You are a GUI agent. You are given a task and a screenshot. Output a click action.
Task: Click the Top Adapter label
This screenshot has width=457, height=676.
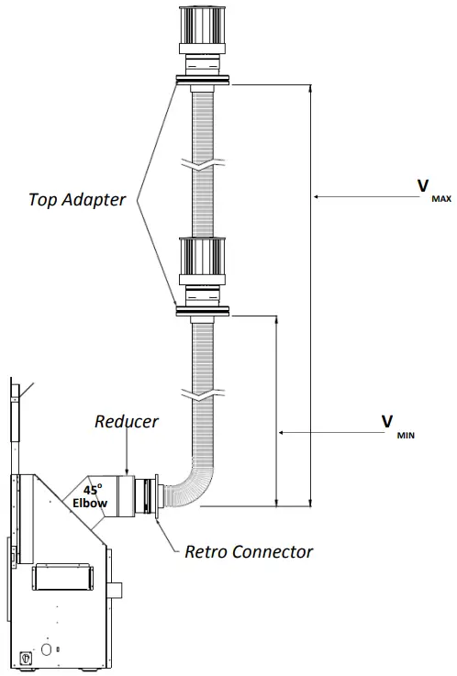point(77,200)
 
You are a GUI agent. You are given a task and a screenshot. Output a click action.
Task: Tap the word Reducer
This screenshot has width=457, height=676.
point(127,421)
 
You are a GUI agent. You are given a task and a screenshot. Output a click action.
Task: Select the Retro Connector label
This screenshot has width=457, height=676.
point(249,551)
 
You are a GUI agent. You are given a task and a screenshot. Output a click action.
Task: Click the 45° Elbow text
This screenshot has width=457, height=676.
point(90,496)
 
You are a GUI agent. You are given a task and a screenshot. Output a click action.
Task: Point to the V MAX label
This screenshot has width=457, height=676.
point(434,191)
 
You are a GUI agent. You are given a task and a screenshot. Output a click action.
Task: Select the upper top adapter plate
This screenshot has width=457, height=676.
point(203,80)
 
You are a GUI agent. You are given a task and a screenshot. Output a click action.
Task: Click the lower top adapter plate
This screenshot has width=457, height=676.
point(203,311)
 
